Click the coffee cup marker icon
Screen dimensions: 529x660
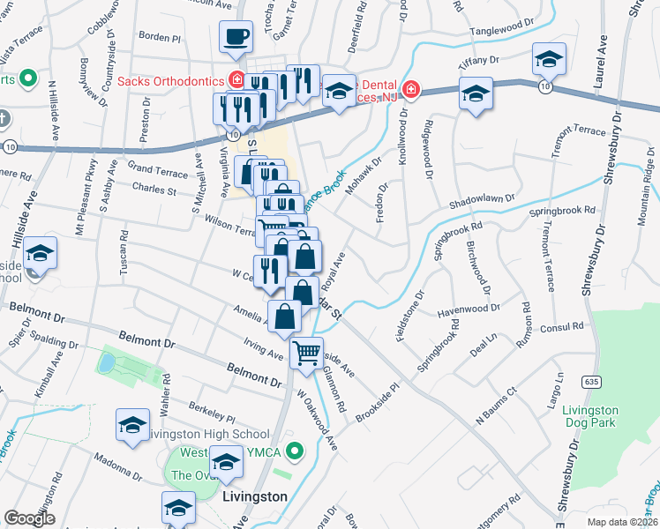[236, 38]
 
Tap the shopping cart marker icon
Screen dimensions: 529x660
[306, 354]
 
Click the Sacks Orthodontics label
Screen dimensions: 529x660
[169, 81]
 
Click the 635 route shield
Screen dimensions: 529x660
[590, 380]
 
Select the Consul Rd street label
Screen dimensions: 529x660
[566, 326]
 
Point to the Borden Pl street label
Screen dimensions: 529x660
[160, 38]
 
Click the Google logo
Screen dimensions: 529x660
[29, 518]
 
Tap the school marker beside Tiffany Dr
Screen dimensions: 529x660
[549, 60]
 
